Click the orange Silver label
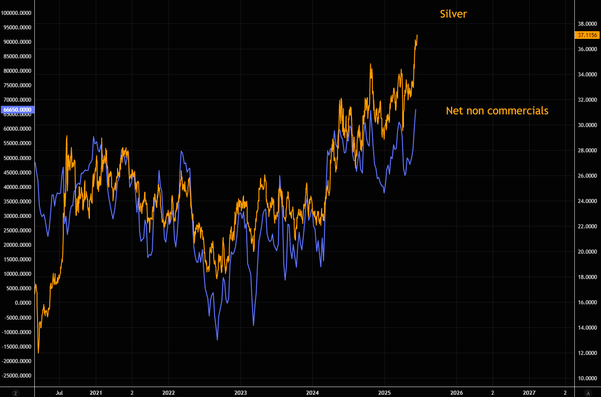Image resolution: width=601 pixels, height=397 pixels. click(x=453, y=14)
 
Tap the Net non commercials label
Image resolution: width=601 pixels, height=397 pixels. click(x=497, y=110)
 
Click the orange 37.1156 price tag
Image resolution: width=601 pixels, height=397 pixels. click(x=587, y=35)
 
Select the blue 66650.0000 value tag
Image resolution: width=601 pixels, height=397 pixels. click(x=17, y=109)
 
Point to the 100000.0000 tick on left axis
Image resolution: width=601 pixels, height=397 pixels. click(x=16, y=13)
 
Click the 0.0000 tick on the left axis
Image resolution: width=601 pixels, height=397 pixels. click(x=21, y=303)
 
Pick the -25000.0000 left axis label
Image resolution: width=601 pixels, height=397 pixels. click(x=16, y=376)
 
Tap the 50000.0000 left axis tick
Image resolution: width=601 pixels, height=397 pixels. click(x=17, y=158)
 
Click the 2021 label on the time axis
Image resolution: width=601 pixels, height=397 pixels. click(x=96, y=392)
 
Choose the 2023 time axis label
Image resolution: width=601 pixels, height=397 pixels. click(x=240, y=392)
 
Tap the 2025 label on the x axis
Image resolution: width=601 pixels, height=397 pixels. click(x=385, y=392)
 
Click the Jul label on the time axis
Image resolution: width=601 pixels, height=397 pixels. click(x=59, y=392)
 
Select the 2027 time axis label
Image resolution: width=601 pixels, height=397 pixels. click(x=529, y=392)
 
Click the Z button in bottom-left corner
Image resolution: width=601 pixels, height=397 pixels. click(x=16, y=392)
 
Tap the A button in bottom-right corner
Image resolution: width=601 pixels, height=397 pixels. click(x=587, y=392)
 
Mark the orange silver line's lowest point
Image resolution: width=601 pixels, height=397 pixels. click(x=38, y=353)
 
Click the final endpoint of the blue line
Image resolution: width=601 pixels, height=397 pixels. click(x=416, y=109)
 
